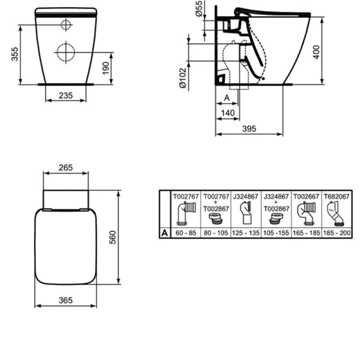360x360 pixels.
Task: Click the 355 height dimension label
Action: pyautogui.click(x=15, y=54)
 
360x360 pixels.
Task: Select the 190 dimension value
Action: pyautogui.click(x=106, y=68)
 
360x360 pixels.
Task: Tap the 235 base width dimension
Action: pyautogui.click(x=66, y=95)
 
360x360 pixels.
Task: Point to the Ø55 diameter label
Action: pyautogui.click(x=199, y=9)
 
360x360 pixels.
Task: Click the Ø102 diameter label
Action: pyautogui.click(x=183, y=78)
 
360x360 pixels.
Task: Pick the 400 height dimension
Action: pyautogui.click(x=316, y=52)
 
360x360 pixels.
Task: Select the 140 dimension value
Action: pyautogui.click(x=228, y=113)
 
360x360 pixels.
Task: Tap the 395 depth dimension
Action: pyautogui.click(x=249, y=129)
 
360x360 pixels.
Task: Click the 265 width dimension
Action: pyautogui.click(x=66, y=167)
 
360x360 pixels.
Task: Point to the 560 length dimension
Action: pyautogui.click(x=113, y=237)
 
